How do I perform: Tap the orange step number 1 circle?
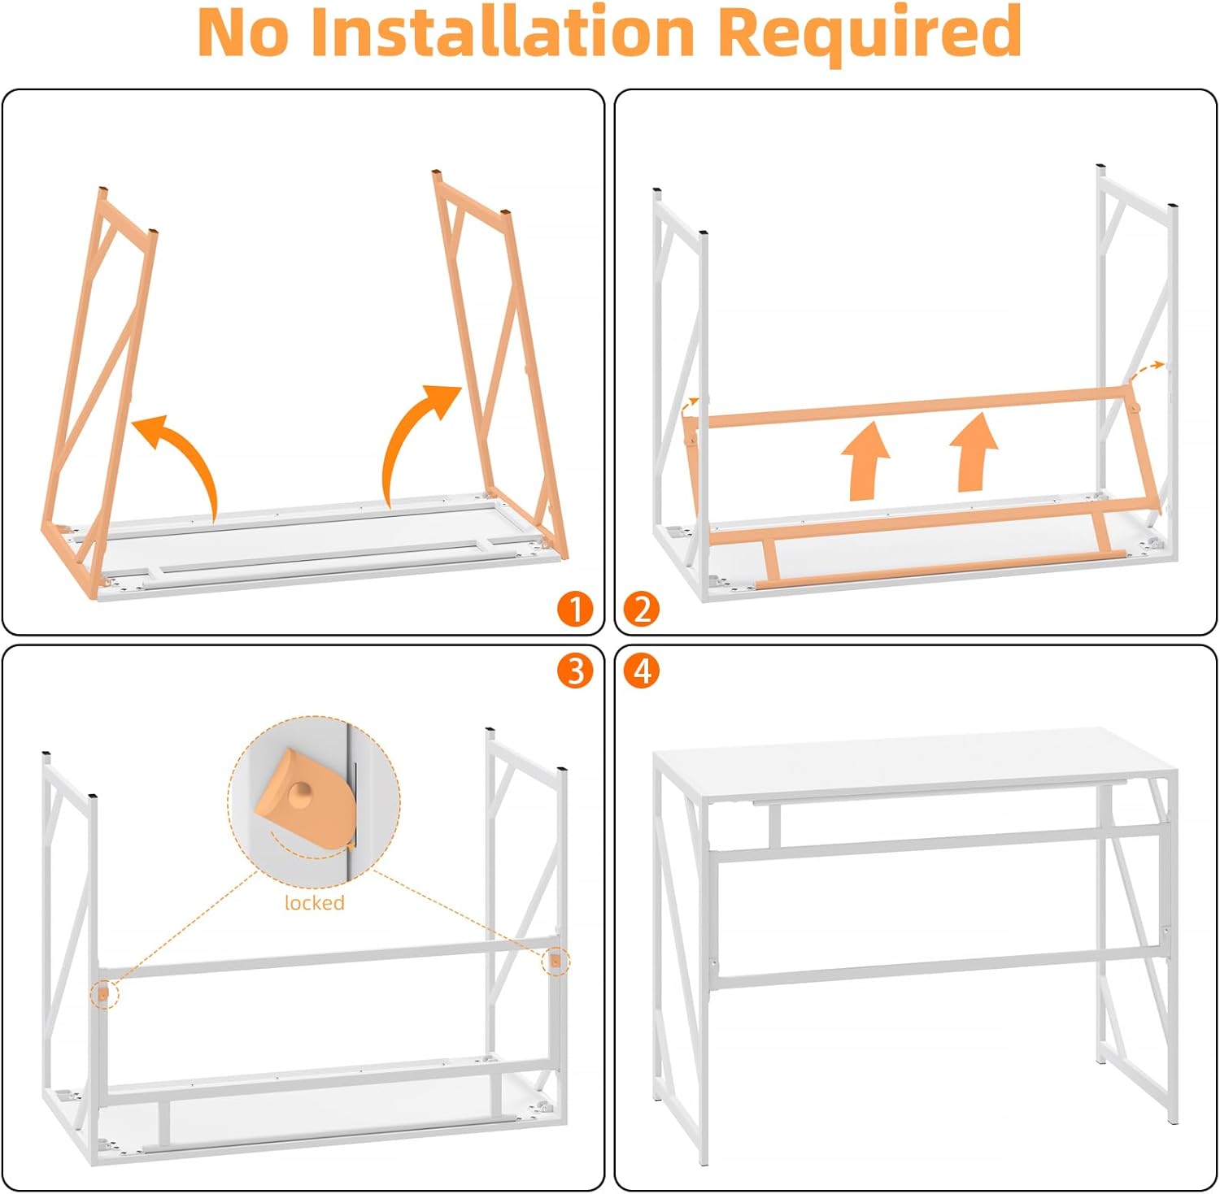tap(576, 609)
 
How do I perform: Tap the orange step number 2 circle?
tap(642, 609)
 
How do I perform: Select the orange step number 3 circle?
tap(576, 671)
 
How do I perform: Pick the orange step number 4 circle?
tap(642, 671)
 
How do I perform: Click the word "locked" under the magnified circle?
tap(315, 902)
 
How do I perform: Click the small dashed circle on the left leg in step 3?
tap(103, 993)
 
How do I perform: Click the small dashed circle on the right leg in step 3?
tap(556, 962)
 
